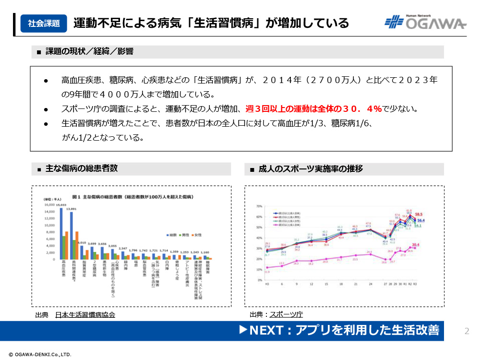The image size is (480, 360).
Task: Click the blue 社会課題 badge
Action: pyautogui.click(x=44, y=23)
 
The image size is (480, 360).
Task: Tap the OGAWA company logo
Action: pyautogui.click(x=425, y=23)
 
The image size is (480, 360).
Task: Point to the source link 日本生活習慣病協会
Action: pyautogui.click(x=85, y=315)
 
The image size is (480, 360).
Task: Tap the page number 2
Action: pyautogui.click(x=467, y=331)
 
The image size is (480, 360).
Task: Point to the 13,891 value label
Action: pyautogui.click(x=72, y=209)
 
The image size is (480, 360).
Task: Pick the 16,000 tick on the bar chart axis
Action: pyautogui.click(x=49, y=205)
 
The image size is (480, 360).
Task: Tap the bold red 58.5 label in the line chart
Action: pyautogui.click(x=419, y=214)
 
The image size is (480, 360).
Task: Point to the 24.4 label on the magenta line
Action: pyautogui.click(x=369, y=251)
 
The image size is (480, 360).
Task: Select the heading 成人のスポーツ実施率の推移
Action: pyautogui.click(x=311, y=169)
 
